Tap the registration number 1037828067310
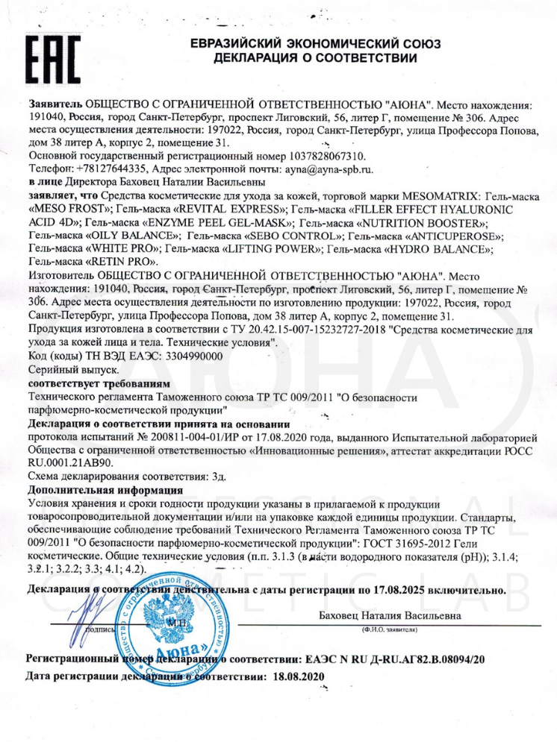point(326,156)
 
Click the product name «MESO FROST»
point(63,210)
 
